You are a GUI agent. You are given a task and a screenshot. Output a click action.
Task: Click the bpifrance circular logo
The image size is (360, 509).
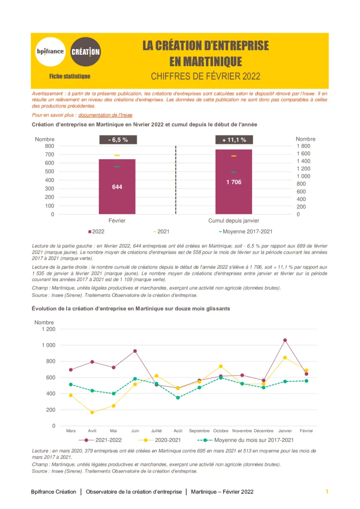tap(50, 51)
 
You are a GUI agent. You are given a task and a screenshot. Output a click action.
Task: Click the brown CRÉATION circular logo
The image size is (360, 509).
tap(85, 51)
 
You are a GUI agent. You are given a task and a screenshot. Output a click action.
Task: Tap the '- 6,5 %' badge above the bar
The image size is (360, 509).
tap(117, 140)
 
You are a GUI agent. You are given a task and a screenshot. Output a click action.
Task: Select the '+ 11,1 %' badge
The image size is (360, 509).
tap(234, 140)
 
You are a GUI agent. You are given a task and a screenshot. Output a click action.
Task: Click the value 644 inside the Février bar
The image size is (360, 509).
tap(117, 187)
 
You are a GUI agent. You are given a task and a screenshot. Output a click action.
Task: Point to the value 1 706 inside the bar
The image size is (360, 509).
tap(234, 182)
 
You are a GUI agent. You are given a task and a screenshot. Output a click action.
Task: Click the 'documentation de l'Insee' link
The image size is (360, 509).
tap(105, 115)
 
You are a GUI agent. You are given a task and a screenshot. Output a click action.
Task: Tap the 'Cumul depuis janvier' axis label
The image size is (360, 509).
tap(234, 221)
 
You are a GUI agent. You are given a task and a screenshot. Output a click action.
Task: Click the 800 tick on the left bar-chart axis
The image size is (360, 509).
tap(49, 146)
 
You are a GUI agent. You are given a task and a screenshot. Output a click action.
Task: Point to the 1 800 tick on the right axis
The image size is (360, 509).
tap(303, 146)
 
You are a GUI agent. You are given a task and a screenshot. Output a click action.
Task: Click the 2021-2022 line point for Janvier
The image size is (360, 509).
tap(285, 340)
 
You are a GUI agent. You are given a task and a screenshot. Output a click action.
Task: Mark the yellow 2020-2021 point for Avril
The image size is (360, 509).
tap(92, 413)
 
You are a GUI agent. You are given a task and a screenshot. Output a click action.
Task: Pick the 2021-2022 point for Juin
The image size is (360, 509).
tap(135, 351)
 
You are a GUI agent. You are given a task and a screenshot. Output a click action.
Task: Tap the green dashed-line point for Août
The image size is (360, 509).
tap(178, 398)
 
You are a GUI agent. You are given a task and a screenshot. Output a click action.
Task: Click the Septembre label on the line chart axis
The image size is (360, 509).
tap(199, 431)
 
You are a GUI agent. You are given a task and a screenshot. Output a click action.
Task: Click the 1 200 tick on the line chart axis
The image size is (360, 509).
tap(48, 329)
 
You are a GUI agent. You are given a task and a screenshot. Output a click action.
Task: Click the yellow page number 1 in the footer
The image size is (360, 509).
tap(327, 492)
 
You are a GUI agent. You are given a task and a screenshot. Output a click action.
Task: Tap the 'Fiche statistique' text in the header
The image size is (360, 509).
tap(70, 76)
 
